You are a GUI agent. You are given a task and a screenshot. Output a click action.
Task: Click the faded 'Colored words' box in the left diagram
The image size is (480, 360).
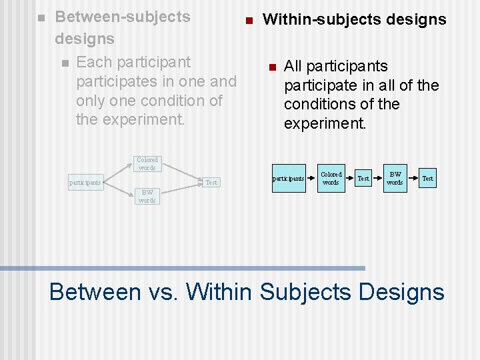pyautogui.click(x=147, y=164)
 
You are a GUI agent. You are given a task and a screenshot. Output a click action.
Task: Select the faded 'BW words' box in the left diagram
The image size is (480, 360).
pyautogui.click(x=147, y=196)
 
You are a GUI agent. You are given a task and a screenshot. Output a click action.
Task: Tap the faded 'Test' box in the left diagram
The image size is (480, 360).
pyautogui.click(x=211, y=182)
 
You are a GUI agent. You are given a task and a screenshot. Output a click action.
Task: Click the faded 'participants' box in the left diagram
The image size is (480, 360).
pyautogui.click(x=85, y=182)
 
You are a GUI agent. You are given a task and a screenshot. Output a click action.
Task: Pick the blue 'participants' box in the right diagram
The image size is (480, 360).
pyautogui.click(x=289, y=178)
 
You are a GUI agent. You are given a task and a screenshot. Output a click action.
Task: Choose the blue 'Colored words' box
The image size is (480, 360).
pyautogui.click(x=331, y=178)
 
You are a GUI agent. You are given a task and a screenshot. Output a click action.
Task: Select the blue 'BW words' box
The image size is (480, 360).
pyautogui.click(x=395, y=178)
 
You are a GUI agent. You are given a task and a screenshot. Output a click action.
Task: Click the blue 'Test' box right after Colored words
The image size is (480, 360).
pyautogui.click(x=363, y=178)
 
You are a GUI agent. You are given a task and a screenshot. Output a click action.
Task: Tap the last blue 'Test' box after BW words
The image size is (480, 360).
pyautogui.click(x=427, y=178)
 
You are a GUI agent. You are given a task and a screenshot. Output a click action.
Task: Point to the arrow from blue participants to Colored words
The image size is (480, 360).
pyautogui.click(x=310, y=178)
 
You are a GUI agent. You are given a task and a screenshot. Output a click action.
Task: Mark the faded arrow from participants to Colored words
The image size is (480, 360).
pyautogui.click(x=117, y=172)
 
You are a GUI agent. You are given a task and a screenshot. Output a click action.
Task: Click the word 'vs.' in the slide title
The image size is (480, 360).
pyautogui.click(x=163, y=292)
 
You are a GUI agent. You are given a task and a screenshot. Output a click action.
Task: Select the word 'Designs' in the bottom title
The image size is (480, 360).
pyautogui.click(x=401, y=292)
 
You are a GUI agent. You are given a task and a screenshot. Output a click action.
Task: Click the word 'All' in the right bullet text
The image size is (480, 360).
pyautogui.click(x=295, y=66)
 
